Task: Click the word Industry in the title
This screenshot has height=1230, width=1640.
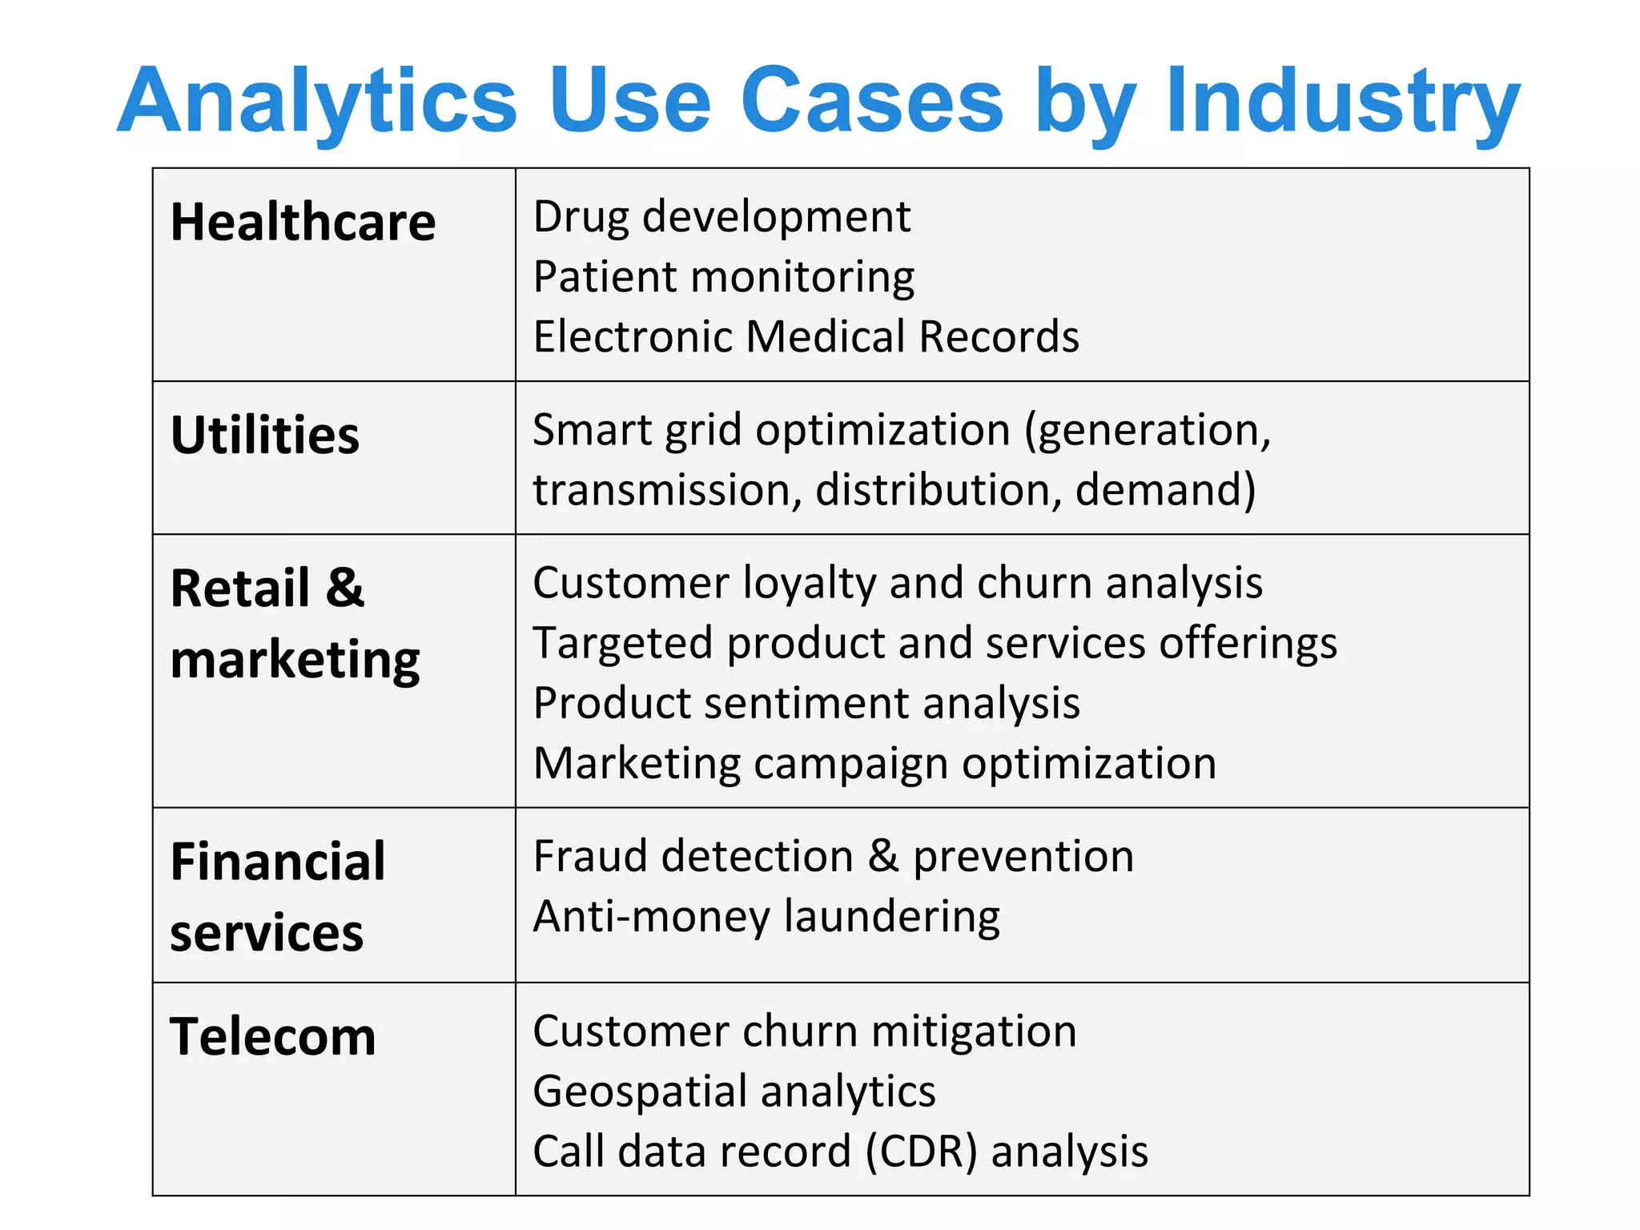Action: coord(1342,102)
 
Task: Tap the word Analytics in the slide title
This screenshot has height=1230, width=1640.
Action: coord(317,102)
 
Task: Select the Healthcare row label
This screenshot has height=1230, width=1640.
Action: coord(303,222)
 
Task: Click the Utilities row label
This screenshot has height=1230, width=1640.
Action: coord(265,436)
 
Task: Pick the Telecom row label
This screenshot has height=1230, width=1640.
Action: coord(272,1037)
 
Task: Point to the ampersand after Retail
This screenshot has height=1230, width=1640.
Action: coord(345,588)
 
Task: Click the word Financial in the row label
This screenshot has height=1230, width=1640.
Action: coord(278,862)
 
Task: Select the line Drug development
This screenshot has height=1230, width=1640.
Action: coord(722,217)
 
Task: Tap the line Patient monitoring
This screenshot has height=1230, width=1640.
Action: coord(723,277)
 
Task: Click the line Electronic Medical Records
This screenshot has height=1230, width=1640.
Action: coord(806,336)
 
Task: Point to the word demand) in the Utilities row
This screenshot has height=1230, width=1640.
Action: coord(1165,490)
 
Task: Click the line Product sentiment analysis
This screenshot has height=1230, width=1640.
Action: coord(806,703)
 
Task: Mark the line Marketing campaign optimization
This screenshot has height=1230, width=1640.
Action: coord(874,763)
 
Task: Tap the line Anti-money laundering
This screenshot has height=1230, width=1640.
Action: coord(766,917)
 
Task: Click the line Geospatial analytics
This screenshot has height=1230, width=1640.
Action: coord(734,1091)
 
